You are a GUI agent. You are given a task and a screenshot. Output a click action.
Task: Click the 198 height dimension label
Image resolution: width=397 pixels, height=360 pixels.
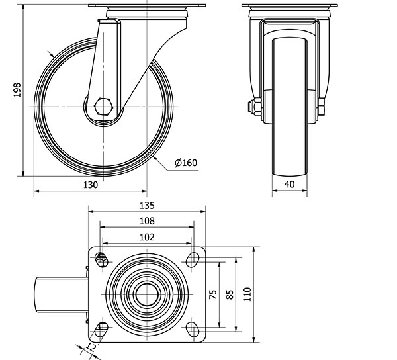[x=17, y=89]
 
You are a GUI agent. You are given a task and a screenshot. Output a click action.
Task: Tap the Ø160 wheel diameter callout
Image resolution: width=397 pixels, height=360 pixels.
[x=186, y=163]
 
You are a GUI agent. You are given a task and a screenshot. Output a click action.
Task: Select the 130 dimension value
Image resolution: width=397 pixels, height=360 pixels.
[x=91, y=185]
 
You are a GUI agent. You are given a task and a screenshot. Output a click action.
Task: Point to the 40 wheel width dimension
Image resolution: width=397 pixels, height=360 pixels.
[x=289, y=184]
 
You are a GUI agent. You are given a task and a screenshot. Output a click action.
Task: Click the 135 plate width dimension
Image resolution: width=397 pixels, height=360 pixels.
[x=147, y=206]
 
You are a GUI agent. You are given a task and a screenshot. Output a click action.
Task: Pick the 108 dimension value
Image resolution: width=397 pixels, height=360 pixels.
[x=147, y=221]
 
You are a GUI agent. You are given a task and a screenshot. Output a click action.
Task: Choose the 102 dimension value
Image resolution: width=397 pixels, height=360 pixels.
[x=147, y=237]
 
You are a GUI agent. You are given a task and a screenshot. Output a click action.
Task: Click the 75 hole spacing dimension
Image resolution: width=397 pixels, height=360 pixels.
[x=214, y=294]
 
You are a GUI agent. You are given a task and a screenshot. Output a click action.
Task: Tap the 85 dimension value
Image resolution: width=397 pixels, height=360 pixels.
[x=230, y=294]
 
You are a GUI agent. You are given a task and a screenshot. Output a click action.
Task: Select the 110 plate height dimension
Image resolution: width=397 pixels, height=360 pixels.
[x=247, y=294]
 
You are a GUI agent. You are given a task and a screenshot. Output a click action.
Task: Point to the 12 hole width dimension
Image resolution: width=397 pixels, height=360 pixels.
[x=90, y=347]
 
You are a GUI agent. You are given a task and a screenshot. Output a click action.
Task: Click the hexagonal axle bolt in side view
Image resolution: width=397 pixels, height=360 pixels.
[x=103, y=107]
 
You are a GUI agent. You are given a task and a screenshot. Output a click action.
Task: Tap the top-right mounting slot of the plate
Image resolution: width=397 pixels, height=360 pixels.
[x=193, y=260]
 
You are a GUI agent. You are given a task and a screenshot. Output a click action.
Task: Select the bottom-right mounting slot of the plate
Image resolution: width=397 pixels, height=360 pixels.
[x=193, y=328]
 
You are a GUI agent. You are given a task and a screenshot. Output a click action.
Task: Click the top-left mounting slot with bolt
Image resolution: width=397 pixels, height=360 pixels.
[x=101, y=260]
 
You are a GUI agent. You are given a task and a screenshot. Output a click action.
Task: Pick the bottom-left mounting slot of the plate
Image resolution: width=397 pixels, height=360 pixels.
[x=101, y=329]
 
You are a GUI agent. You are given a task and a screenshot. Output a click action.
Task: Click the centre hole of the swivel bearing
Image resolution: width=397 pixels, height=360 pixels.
[x=147, y=294]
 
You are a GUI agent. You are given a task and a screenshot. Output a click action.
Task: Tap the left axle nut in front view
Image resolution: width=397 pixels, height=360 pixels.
[x=255, y=107]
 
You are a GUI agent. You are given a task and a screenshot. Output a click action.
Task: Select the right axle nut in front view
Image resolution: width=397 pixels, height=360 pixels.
[x=320, y=107]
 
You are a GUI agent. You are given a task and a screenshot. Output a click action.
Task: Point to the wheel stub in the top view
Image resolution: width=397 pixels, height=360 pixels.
[x=62, y=294]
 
